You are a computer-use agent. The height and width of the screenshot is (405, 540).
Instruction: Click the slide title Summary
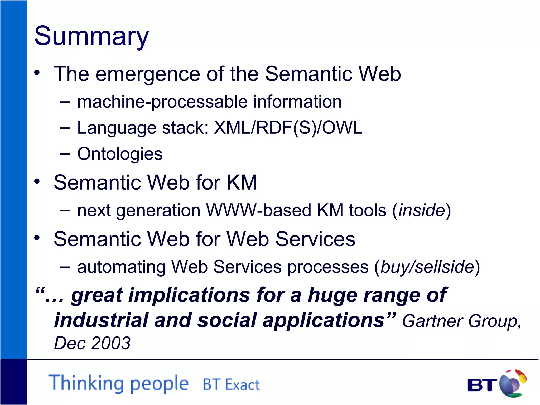91,36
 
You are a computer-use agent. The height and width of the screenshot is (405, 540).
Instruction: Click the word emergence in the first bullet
148,74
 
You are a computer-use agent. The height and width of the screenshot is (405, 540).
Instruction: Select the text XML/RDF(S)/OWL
288,128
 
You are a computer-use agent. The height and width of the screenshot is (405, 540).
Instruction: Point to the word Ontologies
120,154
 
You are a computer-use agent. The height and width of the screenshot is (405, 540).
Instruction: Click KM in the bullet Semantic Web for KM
241,182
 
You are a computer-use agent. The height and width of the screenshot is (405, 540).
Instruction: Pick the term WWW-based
258,210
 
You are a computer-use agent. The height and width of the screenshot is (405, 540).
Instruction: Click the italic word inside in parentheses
422,210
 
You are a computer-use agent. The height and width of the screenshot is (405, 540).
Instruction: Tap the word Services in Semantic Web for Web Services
315,239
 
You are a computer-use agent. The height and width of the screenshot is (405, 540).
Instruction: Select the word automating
121,267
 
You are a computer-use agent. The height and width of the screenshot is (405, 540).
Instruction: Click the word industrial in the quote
101,320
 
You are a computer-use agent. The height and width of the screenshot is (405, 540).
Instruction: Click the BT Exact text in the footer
231,384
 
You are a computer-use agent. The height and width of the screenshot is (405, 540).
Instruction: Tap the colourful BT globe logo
512,383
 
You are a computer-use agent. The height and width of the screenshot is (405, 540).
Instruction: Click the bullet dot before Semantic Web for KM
37,181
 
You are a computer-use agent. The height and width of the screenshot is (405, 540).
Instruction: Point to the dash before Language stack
65,128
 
